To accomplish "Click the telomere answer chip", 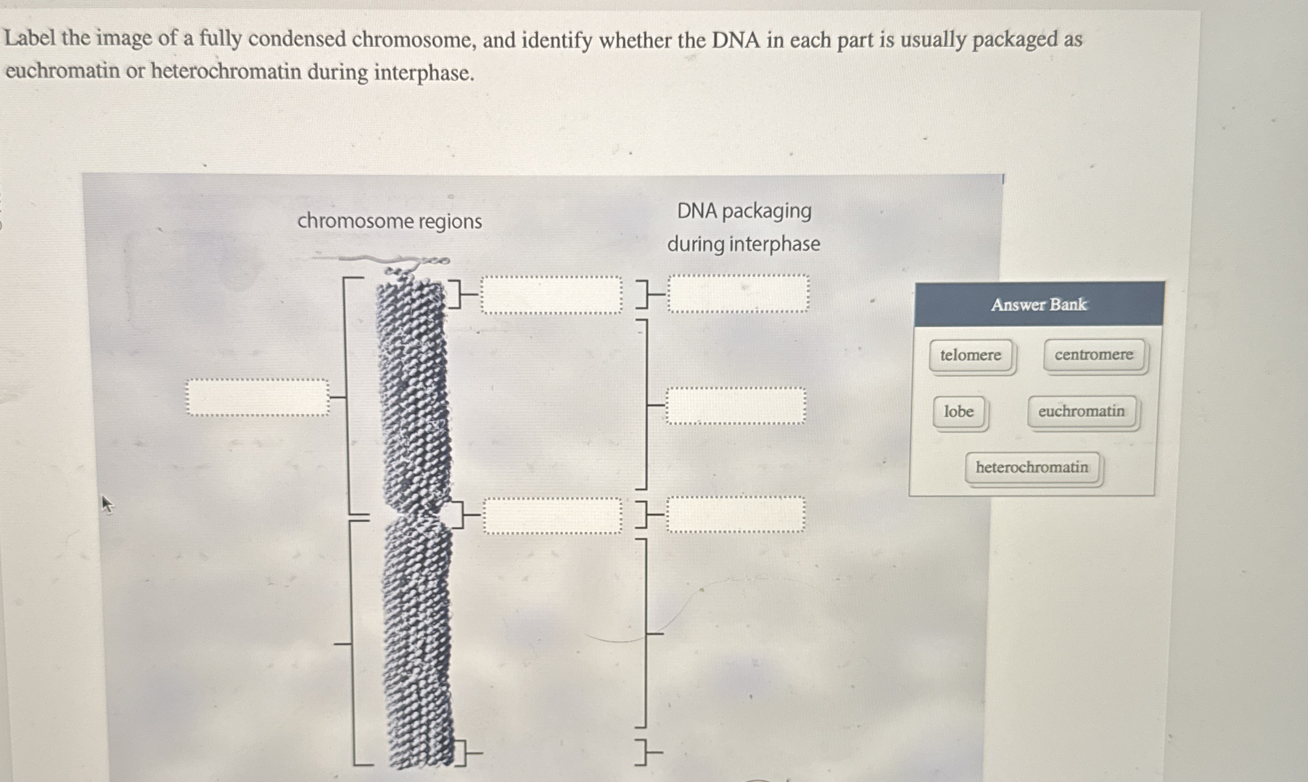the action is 971,355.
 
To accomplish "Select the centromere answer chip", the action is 1094,355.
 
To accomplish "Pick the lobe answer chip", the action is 959,411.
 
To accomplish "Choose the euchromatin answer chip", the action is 1081,411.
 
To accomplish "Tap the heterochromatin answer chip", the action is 1032,467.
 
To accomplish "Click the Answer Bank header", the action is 1039,304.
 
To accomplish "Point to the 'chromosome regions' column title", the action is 389,221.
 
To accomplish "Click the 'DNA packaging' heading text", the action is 744,211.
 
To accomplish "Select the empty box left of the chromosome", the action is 257,397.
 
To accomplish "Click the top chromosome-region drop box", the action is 551,295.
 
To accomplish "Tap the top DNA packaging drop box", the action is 738,294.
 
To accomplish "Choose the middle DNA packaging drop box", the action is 735,406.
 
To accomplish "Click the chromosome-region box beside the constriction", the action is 552,515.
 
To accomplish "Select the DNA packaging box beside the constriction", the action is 735,514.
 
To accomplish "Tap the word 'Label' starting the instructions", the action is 30,38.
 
